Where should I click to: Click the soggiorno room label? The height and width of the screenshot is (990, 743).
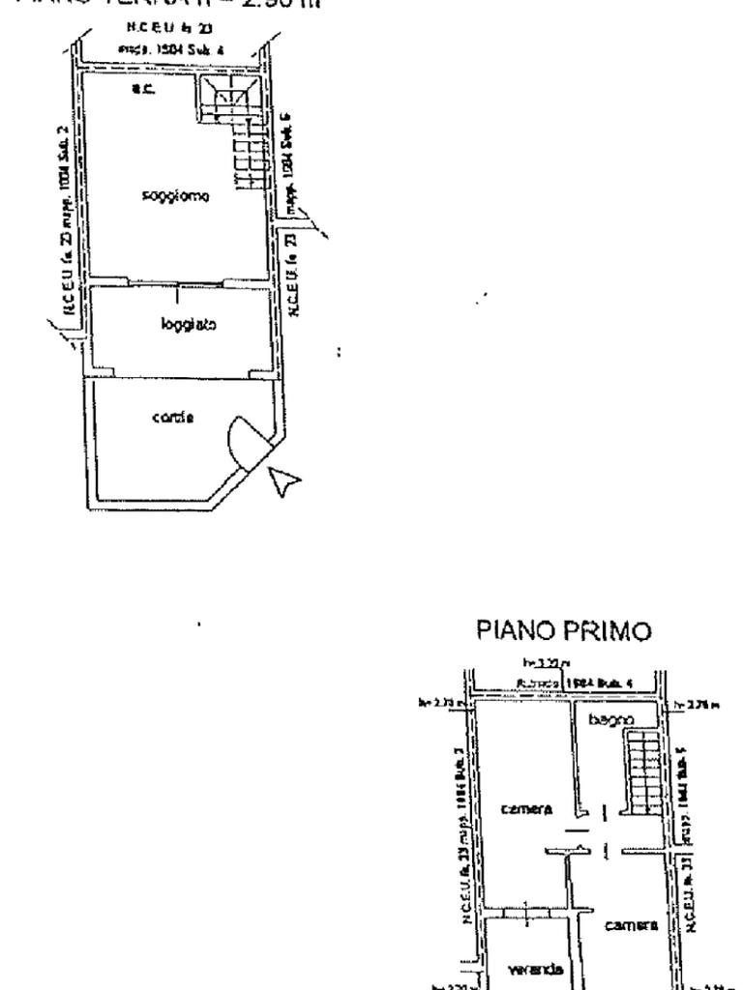(x=176, y=195)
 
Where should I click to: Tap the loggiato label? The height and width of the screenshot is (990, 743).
(x=181, y=326)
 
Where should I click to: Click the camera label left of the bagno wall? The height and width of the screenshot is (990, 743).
(x=526, y=808)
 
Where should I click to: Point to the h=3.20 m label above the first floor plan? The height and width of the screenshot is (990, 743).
(x=534, y=661)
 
